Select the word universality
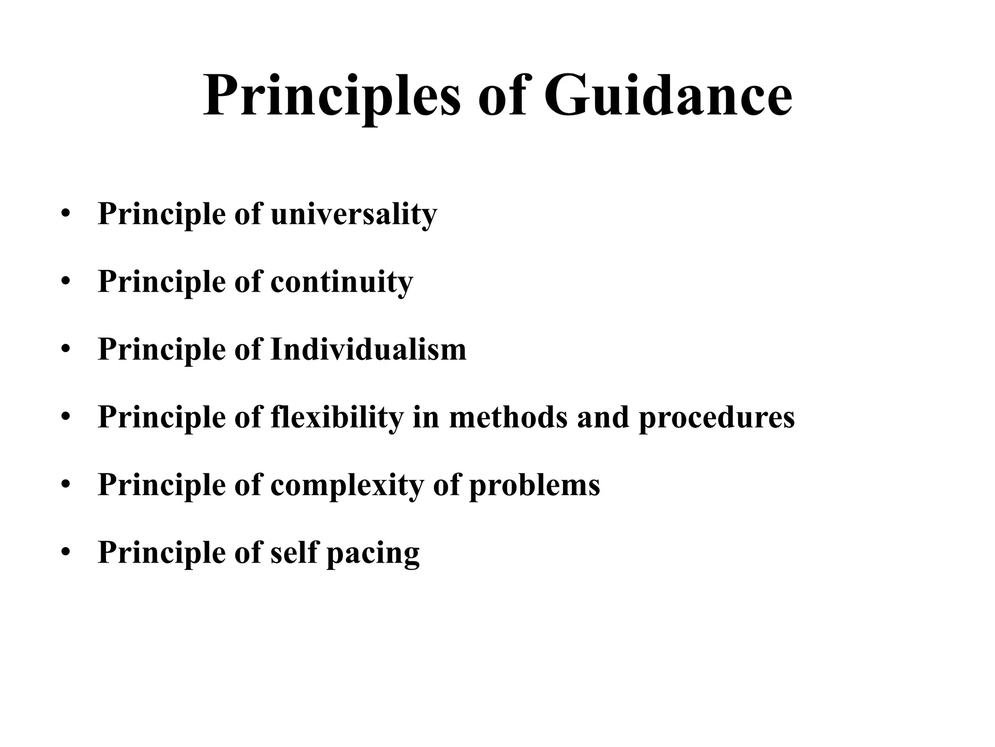[354, 214]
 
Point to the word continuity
[342, 282]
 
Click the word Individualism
[368, 350]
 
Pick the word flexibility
[337, 417]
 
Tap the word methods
[508, 417]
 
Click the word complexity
[347, 485]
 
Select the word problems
[534, 485]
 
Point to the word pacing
[373, 553]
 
